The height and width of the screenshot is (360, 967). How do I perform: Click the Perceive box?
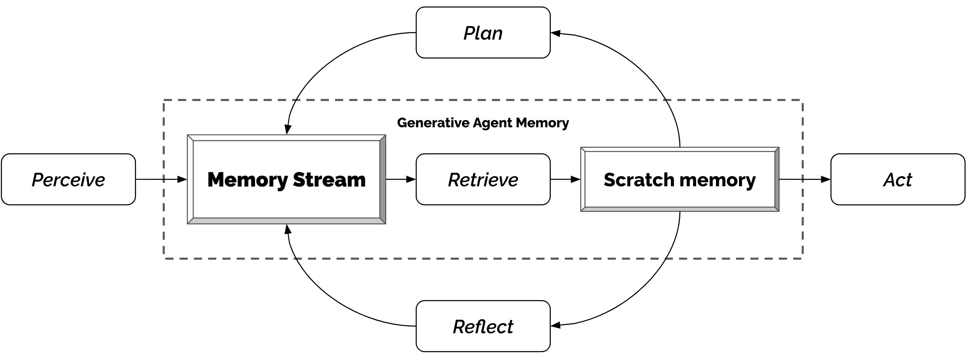coord(68,179)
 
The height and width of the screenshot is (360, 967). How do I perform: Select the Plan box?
coord(483,33)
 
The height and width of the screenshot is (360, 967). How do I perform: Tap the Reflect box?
coord(483,326)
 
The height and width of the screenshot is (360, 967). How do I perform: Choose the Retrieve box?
coord(483,179)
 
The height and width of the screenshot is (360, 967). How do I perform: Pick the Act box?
coord(898,179)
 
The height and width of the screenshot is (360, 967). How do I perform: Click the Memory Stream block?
coord(286,179)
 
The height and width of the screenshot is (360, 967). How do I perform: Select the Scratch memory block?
coord(680,179)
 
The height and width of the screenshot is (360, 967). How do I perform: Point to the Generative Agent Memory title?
coord(483,123)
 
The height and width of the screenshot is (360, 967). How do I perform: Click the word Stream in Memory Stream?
coord(329,179)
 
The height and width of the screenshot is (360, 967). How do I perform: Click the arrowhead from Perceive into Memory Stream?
coord(182,179)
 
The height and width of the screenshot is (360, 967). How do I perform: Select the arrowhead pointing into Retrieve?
coord(411,179)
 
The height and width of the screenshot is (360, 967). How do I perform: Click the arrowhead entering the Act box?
coord(826,179)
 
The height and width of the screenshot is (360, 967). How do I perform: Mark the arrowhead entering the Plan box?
coord(555,33)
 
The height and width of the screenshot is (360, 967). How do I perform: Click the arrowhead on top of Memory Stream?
coord(288,129)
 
